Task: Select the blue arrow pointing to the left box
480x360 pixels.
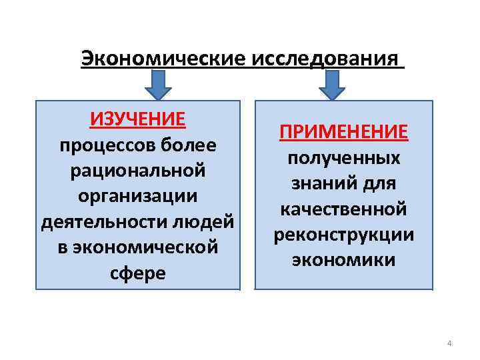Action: point(158,85)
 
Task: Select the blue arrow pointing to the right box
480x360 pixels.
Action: point(331,85)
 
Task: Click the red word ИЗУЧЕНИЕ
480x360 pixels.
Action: point(137,119)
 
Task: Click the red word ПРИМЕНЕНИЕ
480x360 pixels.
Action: point(343,131)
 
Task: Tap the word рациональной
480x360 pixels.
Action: point(137,170)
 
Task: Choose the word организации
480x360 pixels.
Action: point(137,196)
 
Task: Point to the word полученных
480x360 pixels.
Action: point(343,158)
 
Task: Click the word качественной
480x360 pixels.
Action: point(343,209)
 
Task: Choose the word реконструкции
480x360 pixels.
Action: point(343,235)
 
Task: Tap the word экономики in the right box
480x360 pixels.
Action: point(343,260)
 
